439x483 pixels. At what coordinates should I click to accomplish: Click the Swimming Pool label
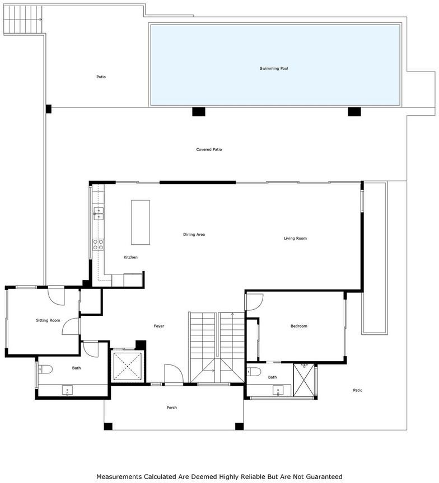(274, 68)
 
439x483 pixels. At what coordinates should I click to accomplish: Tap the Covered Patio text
(209, 149)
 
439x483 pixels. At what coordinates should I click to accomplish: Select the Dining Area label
(194, 234)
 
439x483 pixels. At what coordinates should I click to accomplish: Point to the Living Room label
(295, 238)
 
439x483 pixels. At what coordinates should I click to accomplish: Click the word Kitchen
(130, 257)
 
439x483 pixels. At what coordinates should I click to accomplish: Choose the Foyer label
(159, 326)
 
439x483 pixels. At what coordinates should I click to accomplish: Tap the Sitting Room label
(48, 320)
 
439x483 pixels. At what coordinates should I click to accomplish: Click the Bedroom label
(298, 326)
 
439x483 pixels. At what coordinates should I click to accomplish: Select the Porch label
(171, 408)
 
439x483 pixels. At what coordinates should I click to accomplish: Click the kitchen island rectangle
(141, 222)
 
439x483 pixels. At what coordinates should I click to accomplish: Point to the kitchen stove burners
(98, 245)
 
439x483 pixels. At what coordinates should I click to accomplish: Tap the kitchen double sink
(98, 214)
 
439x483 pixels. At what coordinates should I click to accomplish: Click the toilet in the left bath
(45, 369)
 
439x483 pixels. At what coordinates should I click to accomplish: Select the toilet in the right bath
(254, 372)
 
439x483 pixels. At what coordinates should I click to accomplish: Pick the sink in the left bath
(67, 391)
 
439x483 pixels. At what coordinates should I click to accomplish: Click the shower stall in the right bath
(303, 381)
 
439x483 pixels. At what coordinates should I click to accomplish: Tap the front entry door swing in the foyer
(174, 374)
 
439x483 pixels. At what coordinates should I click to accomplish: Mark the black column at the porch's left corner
(108, 427)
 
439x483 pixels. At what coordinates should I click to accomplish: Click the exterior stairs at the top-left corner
(22, 20)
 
